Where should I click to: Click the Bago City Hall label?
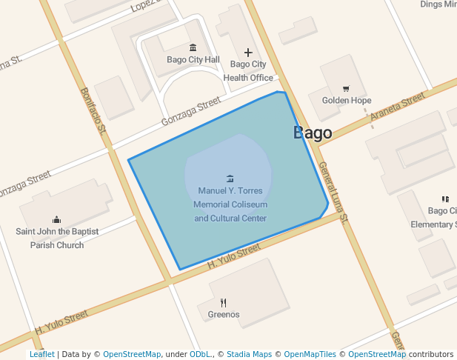pyautogui.click(x=193, y=60)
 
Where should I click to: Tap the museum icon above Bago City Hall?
pyautogui.click(x=193, y=47)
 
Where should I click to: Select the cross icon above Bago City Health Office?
pyautogui.click(x=248, y=53)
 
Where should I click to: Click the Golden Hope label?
pyautogui.click(x=347, y=101)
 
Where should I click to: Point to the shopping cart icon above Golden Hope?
pyautogui.click(x=346, y=89)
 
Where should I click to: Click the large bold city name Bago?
pyautogui.click(x=313, y=133)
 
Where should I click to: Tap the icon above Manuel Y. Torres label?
pyautogui.click(x=230, y=179)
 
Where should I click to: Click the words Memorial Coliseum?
pyautogui.click(x=230, y=204)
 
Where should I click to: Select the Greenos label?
pyautogui.click(x=224, y=315)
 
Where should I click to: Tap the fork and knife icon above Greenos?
pyautogui.click(x=223, y=302)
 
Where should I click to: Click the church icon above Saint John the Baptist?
pyautogui.click(x=57, y=219)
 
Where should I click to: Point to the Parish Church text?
pyautogui.click(x=57, y=245)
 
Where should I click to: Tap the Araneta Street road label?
pyautogui.click(x=399, y=109)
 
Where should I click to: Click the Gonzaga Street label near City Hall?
pyautogui.click(x=191, y=111)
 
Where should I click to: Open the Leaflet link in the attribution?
pyautogui.click(x=41, y=355)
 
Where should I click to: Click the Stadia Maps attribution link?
pyautogui.click(x=249, y=355)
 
